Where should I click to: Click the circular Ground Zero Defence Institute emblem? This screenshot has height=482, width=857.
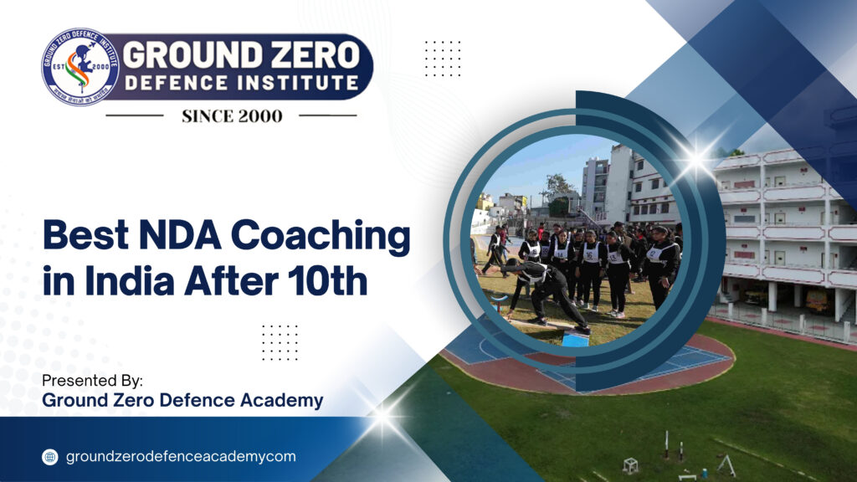pos(80,66)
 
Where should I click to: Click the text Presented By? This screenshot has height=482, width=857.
pos(92,381)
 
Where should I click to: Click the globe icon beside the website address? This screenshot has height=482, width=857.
pos(50,457)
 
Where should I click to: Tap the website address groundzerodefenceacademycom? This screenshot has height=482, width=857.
pos(180,457)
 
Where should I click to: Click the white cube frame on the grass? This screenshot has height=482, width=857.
pos(630,465)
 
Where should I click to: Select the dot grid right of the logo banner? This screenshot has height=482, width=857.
pos(442,58)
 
